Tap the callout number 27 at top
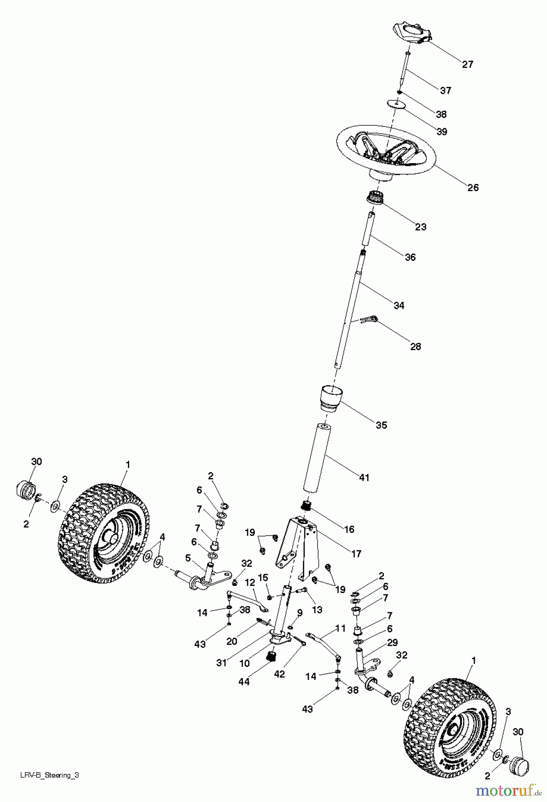(x=467, y=65)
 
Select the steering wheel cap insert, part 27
(x=413, y=34)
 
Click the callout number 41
(x=364, y=478)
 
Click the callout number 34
(x=399, y=305)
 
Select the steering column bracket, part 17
(x=299, y=548)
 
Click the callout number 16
(x=349, y=529)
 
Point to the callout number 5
(x=188, y=557)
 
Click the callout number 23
(x=420, y=227)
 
